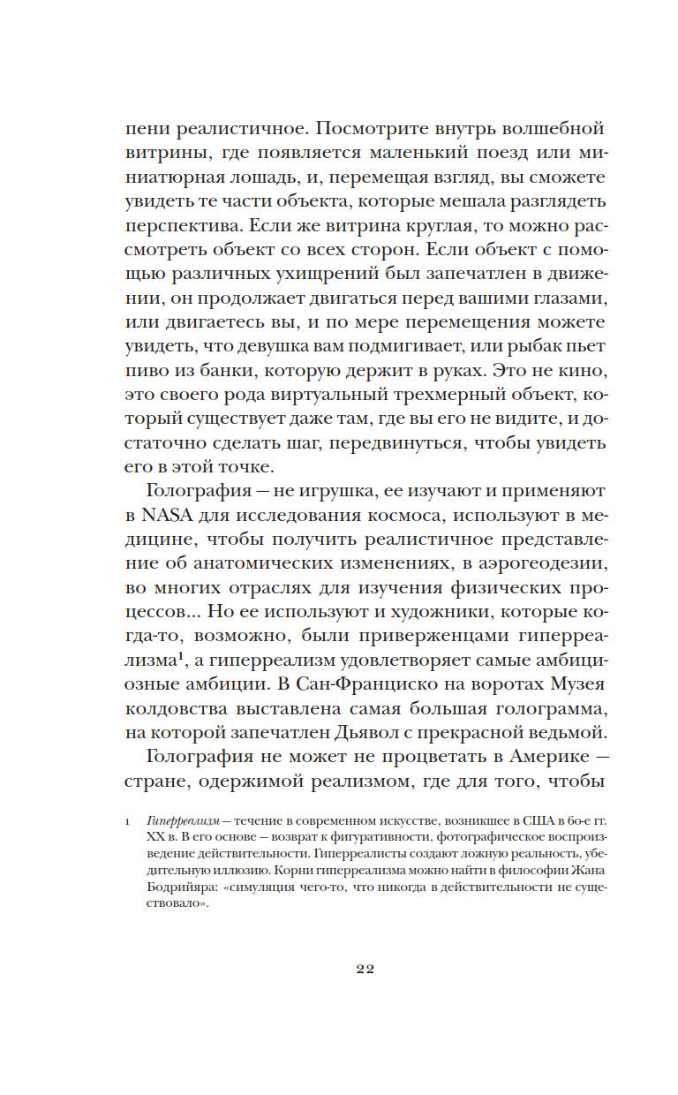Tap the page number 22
[365, 969]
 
